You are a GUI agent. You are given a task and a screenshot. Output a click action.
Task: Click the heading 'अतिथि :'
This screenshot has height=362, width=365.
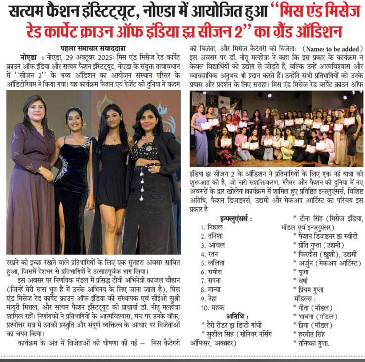(235, 316)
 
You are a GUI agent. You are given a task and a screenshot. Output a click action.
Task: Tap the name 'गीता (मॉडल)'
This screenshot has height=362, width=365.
(315, 308)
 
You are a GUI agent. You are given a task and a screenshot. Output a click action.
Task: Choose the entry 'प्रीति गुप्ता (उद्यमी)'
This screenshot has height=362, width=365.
(322, 245)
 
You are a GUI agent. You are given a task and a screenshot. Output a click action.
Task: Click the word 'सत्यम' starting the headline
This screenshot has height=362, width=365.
(31, 11)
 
